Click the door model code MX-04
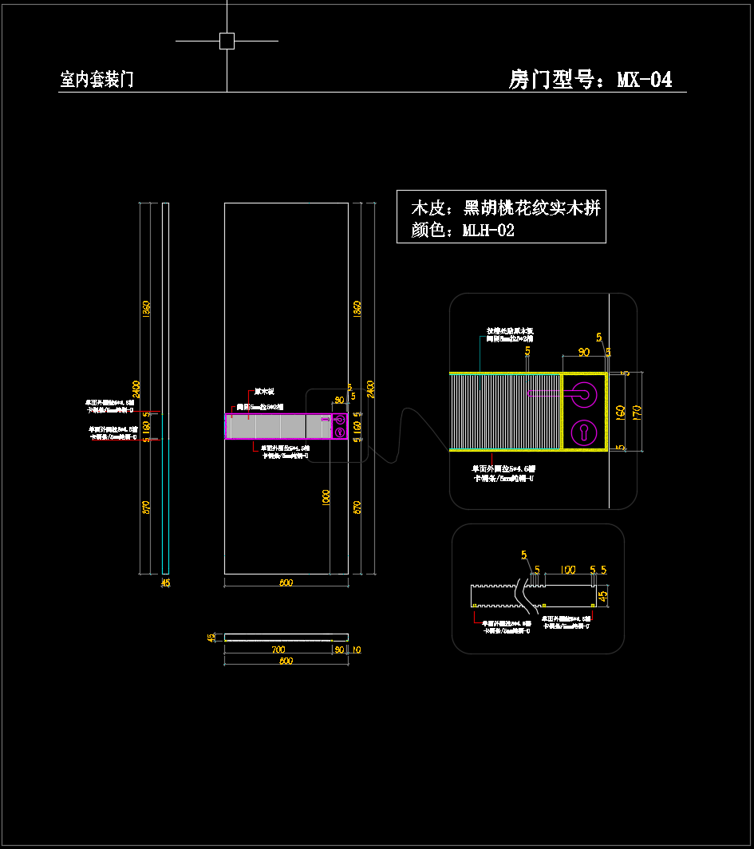click(645, 80)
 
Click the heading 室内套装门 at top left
click(97, 80)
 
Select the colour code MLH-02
click(488, 231)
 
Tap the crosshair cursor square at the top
click(227, 41)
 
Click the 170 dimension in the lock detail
click(636, 411)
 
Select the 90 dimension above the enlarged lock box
click(584, 352)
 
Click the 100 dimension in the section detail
click(566, 570)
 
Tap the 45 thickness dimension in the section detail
click(603, 594)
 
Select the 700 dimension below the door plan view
click(278, 650)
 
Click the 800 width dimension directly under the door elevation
click(286, 582)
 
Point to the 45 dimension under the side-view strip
click(165, 583)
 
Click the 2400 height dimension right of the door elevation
click(370, 388)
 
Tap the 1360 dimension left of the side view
click(146, 310)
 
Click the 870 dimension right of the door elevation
click(357, 507)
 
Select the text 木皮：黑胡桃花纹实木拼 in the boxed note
click(505, 208)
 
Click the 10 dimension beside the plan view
click(356, 650)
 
